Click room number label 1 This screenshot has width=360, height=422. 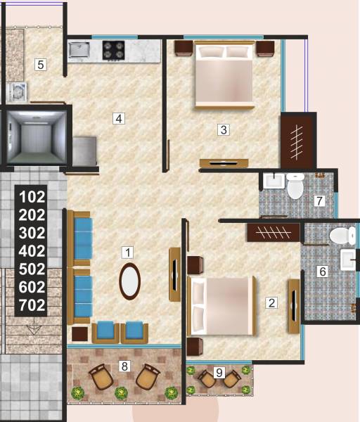(x=127, y=251)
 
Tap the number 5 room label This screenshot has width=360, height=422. (x=41, y=65)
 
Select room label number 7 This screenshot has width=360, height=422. (x=319, y=201)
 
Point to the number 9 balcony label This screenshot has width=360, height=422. (x=219, y=373)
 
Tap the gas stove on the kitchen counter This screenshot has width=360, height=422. (x=113, y=49)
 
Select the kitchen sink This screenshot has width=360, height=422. (x=79, y=49)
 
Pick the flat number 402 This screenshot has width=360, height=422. (x=32, y=251)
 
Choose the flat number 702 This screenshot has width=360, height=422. (x=32, y=305)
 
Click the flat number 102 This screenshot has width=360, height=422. (x=32, y=197)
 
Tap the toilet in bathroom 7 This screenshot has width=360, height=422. (x=295, y=186)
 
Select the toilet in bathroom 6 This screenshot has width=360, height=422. (x=342, y=236)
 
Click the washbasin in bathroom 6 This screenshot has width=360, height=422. (x=349, y=260)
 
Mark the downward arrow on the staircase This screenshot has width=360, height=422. (x=32, y=328)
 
